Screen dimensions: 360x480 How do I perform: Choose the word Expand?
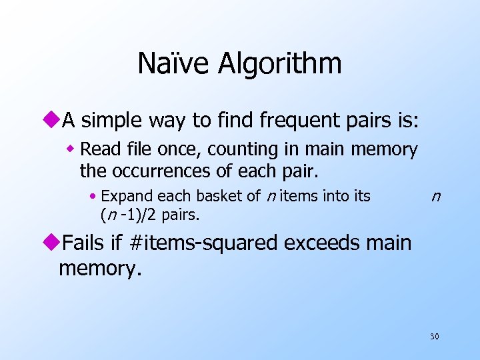(x=125, y=197)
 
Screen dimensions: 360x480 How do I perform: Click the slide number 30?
(x=434, y=337)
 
